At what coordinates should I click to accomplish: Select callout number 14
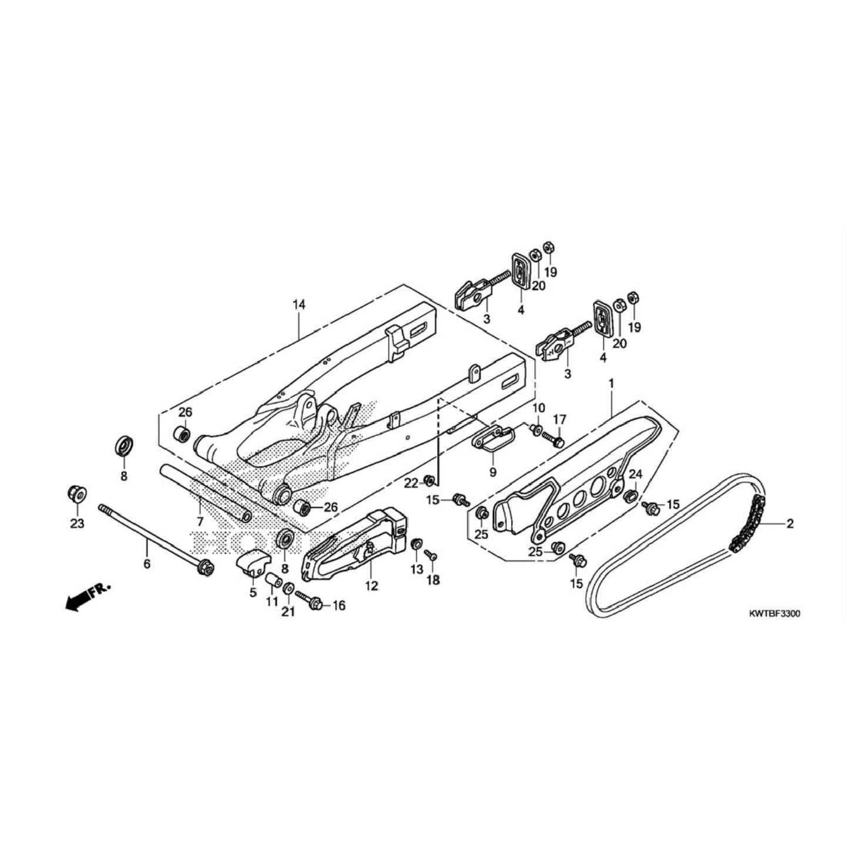[299, 304]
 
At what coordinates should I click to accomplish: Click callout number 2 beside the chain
[790, 523]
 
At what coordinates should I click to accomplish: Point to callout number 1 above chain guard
[611, 383]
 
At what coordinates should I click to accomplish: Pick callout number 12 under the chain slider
[371, 586]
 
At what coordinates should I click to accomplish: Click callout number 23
[78, 523]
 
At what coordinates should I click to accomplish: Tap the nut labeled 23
[76, 494]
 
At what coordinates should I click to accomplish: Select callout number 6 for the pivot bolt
[147, 564]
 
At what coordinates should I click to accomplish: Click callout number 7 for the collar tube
[200, 521]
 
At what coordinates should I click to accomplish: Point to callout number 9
[492, 472]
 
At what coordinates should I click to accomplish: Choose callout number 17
[559, 419]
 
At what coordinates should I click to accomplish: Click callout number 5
[253, 592]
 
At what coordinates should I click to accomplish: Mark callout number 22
[411, 483]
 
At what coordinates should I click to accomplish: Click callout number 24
[636, 474]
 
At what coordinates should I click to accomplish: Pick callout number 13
[417, 569]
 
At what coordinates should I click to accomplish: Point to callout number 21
[288, 612]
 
